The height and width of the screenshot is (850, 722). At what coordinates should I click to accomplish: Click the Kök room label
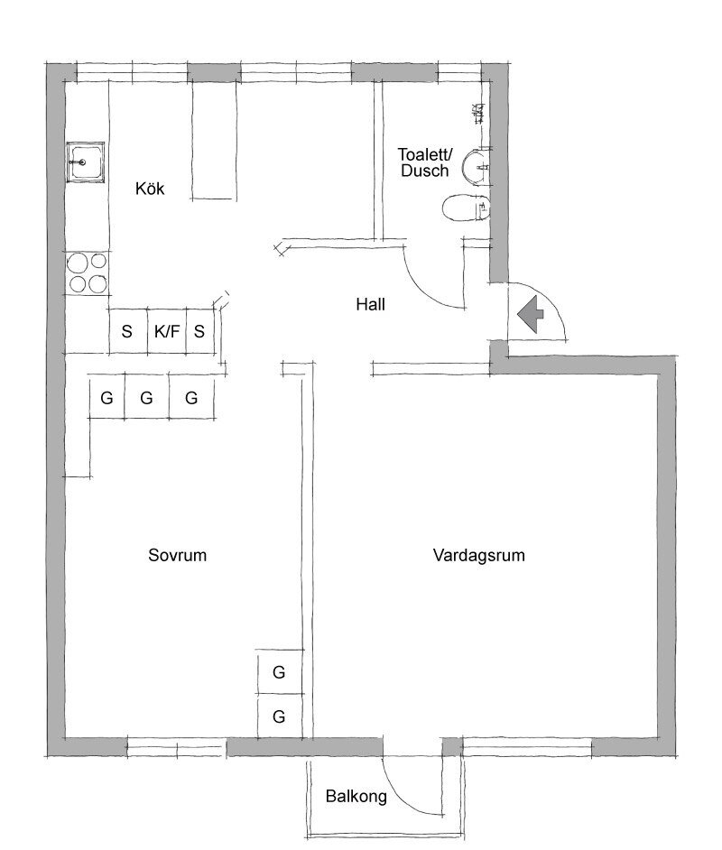(x=150, y=189)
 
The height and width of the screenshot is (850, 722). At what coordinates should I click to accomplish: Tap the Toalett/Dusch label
(x=425, y=162)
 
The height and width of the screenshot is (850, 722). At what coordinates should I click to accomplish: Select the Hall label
(x=371, y=305)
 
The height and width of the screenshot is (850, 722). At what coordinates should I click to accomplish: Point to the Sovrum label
(x=177, y=555)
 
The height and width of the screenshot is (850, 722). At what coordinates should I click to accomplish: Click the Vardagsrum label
(x=479, y=555)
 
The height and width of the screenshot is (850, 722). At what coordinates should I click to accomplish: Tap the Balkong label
(x=356, y=797)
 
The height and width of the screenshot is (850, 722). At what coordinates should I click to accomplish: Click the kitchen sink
(x=86, y=162)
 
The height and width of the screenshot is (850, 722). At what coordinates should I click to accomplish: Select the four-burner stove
(x=88, y=273)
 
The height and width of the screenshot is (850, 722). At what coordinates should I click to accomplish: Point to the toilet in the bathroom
(x=467, y=207)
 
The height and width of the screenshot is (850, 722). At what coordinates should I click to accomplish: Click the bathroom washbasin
(x=477, y=165)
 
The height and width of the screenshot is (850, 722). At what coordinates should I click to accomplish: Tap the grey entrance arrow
(x=530, y=314)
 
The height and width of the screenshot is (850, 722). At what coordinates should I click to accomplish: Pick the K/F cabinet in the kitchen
(x=167, y=331)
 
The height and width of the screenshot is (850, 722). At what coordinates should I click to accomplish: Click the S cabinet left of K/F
(x=128, y=331)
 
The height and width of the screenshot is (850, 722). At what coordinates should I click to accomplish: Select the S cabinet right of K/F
(x=200, y=331)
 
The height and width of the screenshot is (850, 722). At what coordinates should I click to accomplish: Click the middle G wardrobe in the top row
(x=147, y=396)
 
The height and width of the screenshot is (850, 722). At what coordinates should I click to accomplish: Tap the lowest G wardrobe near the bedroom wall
(x=280, y=716)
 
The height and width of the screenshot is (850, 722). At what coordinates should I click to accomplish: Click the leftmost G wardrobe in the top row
(x=106, y=396)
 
